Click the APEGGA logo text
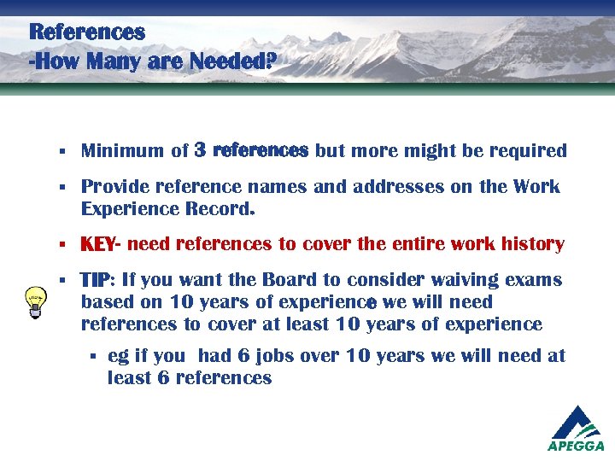tap(576, 445)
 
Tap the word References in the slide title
tap(87, 32)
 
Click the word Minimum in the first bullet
tap(122, 151)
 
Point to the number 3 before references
tap(200, 150)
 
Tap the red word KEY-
tap(102, 245)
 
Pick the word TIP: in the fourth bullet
tap(98, 280)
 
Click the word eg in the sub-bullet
tap(118, 356)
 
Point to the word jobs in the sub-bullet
tap(278, 356)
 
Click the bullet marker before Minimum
tap(64, 152)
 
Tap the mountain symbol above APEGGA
tap(576, 421)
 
